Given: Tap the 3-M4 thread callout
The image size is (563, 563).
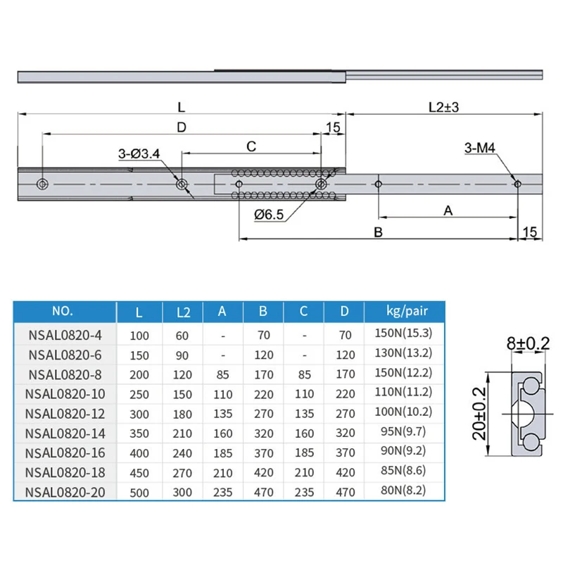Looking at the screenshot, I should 481,148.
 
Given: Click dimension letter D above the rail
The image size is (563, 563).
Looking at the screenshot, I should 181,127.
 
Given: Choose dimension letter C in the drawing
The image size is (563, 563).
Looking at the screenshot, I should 251,146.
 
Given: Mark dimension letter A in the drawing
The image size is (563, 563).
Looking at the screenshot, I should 447,210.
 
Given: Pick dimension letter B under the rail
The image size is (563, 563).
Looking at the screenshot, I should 378,232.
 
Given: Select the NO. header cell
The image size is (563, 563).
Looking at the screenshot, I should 63,310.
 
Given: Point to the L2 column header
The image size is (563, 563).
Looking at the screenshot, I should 182,310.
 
